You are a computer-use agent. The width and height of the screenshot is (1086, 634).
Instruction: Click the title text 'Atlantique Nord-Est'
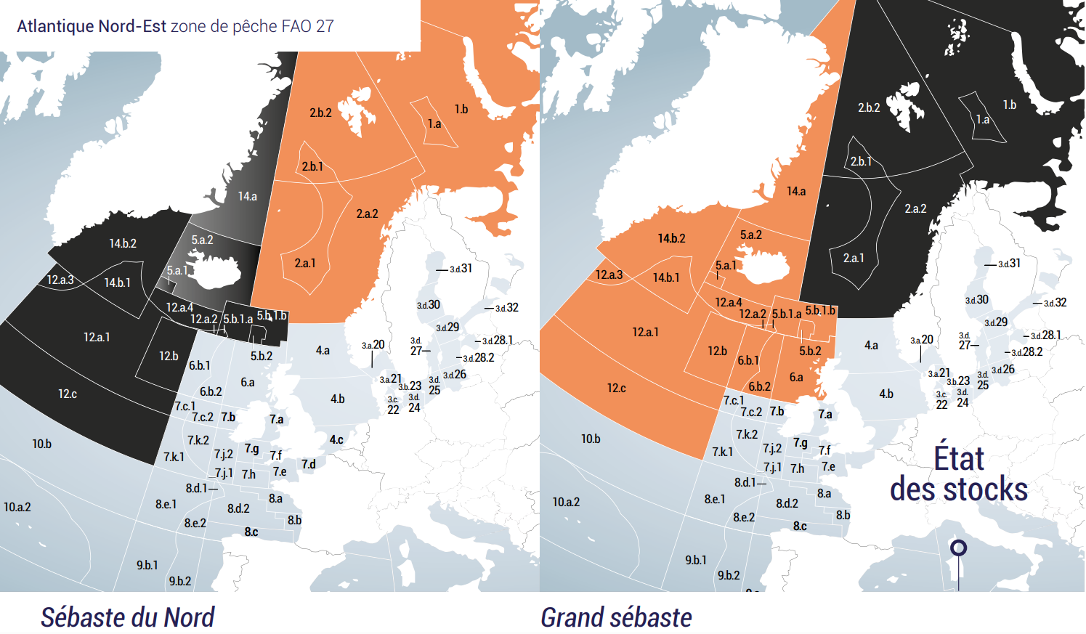(x=92, y=26)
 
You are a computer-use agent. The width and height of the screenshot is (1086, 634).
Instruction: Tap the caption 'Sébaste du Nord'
(x=127, y=617)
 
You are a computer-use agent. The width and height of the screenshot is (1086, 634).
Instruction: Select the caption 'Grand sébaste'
(x=616, y=617)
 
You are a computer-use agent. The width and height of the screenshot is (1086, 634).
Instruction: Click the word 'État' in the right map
(x=959, y=459)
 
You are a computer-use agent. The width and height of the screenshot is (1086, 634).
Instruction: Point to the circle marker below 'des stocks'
(x=959, y=548)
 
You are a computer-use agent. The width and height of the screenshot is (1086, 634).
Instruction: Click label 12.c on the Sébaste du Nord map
(x=68, y=394)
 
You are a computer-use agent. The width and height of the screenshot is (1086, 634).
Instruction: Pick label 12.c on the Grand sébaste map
(x=616, y=389)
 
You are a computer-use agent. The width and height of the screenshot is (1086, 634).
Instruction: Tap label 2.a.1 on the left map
(x=305, y=263)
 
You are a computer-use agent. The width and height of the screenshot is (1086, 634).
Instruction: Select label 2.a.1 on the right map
(x=854, y=258)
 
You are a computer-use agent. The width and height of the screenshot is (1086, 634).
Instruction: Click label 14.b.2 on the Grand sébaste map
(x=671, y=238)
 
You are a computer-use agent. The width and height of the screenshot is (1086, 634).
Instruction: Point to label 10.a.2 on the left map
(x=17, y=507)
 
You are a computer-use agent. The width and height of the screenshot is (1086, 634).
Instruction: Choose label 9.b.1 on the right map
(x=696, y=560)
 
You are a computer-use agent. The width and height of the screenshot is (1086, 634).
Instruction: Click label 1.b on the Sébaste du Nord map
(x=461, y=110)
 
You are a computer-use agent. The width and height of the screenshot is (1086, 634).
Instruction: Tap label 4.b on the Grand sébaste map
(x=886, y=394)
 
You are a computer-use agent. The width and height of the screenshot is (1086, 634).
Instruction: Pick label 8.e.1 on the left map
(x=166, y=504)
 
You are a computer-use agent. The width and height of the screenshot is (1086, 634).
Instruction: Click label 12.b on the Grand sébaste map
(x=717, y=351)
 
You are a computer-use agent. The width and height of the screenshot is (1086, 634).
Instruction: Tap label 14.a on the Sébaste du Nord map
(x=247, y=196)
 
